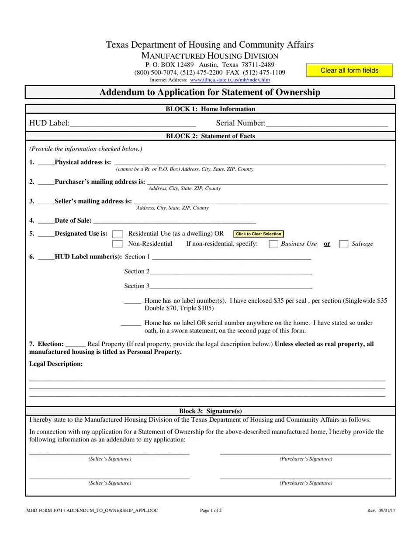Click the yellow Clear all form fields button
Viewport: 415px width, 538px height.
[x=349, y=70]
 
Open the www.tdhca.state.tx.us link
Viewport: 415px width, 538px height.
[x=230, y=80]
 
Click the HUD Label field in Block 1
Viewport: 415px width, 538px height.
[x=132, y=123]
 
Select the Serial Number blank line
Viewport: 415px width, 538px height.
[x=326, y=123]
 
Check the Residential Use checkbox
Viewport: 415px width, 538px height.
[x=118, y=234]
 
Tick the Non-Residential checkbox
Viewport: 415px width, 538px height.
[x=118, y=244]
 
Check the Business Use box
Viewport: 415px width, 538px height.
[x=273, y=244]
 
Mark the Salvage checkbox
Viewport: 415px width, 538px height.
[x=344, y=244]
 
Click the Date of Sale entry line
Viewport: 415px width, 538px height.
[x=174, y=220]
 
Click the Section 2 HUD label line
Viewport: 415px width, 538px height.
[x=231, y=271]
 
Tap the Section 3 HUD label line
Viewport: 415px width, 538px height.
[x=231, y=286]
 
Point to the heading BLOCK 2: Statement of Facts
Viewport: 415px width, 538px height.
[x=210, y=136]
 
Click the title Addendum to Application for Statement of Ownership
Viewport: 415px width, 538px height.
[x=210, y=92]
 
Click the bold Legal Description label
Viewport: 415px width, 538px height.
[x=56, y=364]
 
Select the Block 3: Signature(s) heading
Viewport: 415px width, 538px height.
[x=210, y=411]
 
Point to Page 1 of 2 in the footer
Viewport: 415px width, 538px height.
[x=211, y=510]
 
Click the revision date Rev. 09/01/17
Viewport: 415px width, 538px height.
[x=381, y=510]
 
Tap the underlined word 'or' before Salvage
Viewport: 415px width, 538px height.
[x=327, y=244]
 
